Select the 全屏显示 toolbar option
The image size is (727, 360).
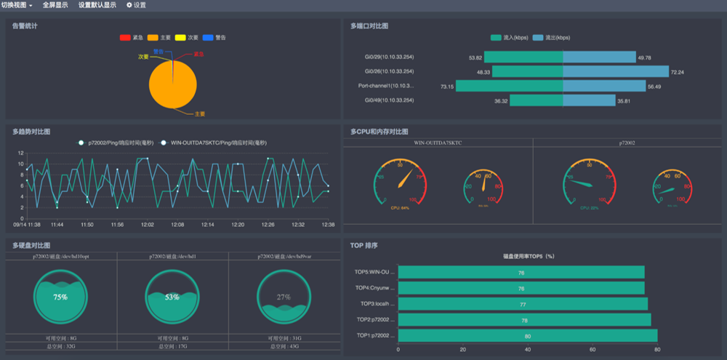click(x=55, y=5)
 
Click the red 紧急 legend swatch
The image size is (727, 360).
click(x=124, y=37)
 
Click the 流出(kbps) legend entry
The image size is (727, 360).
click(x=548, y=37)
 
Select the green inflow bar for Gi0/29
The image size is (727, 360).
click(x=523, y=57)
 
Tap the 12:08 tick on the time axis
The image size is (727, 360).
click(x=177, y=225)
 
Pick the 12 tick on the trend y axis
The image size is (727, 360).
click(x=21, y=153)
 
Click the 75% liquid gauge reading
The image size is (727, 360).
click(x=60, y=297)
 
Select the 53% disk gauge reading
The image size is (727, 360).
click(x=172, y=297)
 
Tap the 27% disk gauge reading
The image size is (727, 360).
click(x=284, y=297)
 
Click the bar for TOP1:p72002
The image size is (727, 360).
click(x=527, y=336)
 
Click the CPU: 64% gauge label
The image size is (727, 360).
click(x=400, y=208)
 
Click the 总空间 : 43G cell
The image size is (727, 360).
click(x=284, y=346)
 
